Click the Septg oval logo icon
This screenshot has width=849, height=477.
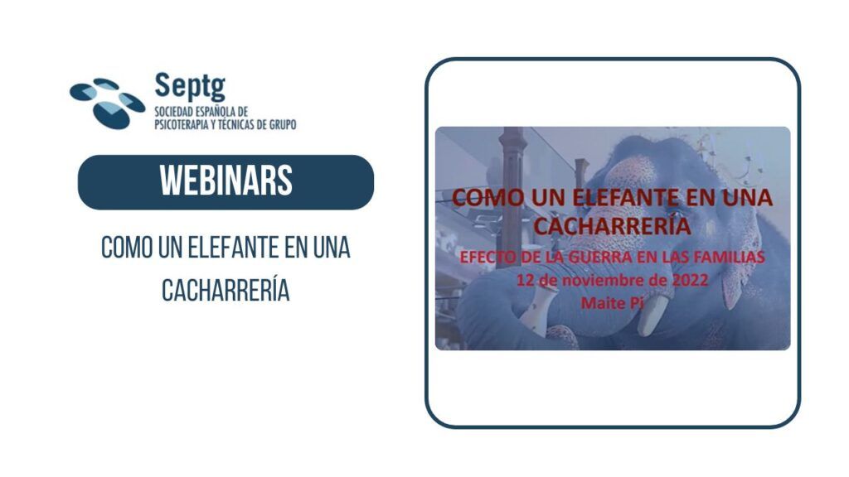coord(107,104)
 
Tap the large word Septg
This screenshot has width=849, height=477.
coord(190,86)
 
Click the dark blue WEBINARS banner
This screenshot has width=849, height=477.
coord(226,182)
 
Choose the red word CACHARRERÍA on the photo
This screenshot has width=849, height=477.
coord(613,225)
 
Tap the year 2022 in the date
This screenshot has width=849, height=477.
coord(690,280)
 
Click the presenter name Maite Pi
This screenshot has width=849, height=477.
coord(612,303)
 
